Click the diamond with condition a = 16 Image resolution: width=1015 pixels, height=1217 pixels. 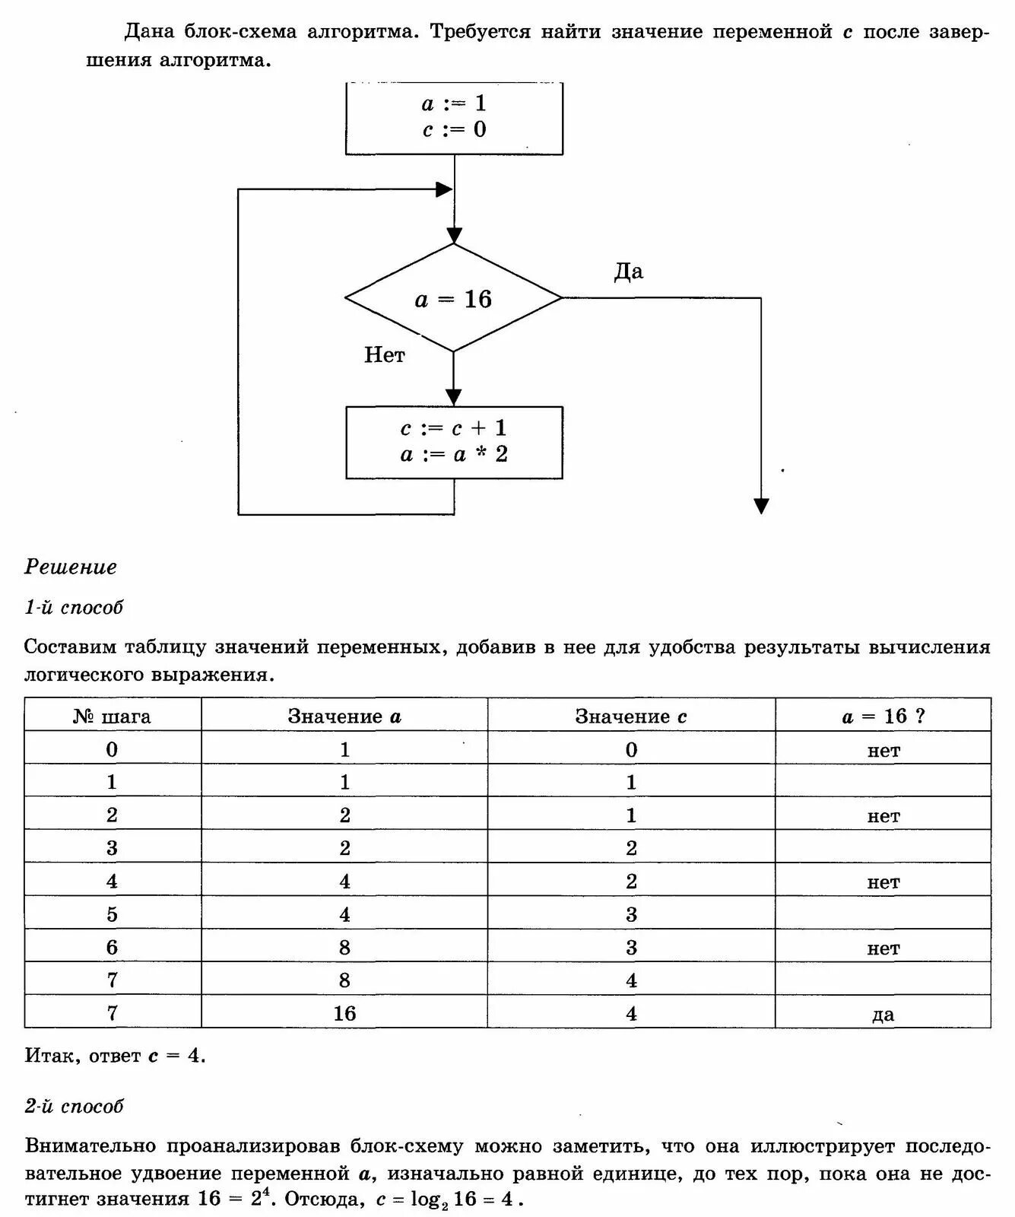[x=454, y=298]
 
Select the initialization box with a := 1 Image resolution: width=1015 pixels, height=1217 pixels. [x=454, y=116]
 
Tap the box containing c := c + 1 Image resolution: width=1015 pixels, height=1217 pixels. [x=454, y=442]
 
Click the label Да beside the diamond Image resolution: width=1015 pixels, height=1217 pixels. [x=628, y=272]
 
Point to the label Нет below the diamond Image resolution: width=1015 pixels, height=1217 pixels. [x=385, y=354]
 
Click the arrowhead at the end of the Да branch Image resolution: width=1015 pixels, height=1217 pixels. [x=761, y=506]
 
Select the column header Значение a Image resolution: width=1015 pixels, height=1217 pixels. [x=344, y=717]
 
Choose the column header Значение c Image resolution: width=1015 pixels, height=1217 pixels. [x=631, y=717]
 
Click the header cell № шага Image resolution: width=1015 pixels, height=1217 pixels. [x=113, y=717]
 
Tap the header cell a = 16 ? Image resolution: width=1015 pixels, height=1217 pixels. [x=883, y=717]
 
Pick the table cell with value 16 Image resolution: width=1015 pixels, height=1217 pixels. [x=344, y=1013]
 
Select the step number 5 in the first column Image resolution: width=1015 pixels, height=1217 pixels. [x=113, y=914]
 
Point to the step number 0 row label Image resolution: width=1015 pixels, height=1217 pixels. [x=113, y=750]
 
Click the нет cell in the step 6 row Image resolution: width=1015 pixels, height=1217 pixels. [x=883, y=948]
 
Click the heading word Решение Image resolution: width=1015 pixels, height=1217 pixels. [x=71, y=567]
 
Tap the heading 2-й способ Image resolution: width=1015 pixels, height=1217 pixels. [x=74, y=1106]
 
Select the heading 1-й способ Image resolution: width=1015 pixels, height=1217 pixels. [x=74, y=607]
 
